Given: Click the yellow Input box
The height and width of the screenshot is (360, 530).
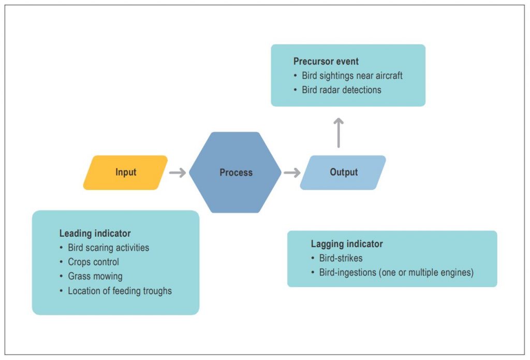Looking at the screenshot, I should pyautogui.click(x=126, y=172).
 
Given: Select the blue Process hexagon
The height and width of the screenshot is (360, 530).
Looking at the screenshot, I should pyautogui.click(x=235, y=172).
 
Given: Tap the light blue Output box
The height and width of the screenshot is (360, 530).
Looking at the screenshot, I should pyautogui.click(x=343, y=172).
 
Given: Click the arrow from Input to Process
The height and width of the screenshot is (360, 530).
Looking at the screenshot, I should pyautogui.click(x=178, y=172).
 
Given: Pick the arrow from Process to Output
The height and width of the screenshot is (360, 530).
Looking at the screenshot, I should pyautogui.click(x=292, y=172).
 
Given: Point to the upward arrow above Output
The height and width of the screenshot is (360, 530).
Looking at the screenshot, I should pyautogui.click(x=338, y=133).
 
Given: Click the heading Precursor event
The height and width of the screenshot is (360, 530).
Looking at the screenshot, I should pyautogui.click(x=326, y=62).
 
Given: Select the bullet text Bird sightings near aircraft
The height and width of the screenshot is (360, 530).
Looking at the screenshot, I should pyautogui.click(x=352, y=76).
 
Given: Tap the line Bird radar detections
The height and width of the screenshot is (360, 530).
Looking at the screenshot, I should pyautogui.click(x=341, y=90).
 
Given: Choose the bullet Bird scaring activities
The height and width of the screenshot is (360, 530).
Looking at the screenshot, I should pyautogui.click(x=108, y=248).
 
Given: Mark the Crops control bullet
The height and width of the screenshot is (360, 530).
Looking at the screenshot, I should pyautogui.click(x=93, y=262).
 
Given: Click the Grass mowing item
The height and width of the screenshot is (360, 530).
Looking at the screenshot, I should pyautogui.click(x=95, y=276).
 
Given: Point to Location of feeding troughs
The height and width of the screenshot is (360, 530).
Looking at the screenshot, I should pyautogui.click(x=120, y=291).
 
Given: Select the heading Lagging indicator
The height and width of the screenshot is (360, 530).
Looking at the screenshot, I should pyautogui.click(x=347, y=244).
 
